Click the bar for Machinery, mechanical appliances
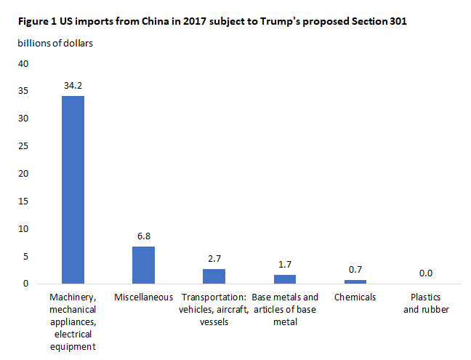(73, 189)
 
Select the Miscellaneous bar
(143, 265)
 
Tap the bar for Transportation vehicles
(214, 276)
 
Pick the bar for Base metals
(285, 279)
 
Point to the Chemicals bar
(355, 281)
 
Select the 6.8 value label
(143, 236)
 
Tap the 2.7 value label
(214, 258)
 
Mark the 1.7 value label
(285, 264)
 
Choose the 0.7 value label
(355, 269)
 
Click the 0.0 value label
(426, 273)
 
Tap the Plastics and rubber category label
(426, 303)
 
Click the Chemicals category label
(355, 297)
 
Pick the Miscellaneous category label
(143, 297)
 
